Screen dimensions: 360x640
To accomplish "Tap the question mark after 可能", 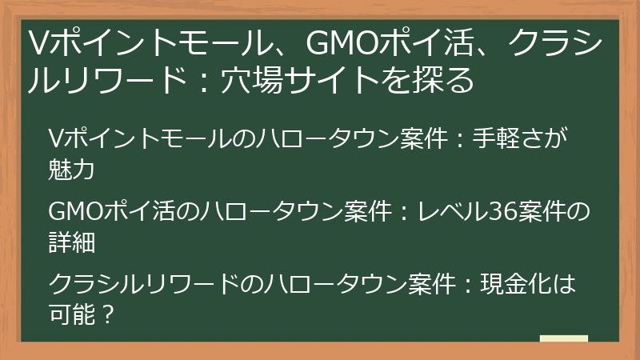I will point(107,313).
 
